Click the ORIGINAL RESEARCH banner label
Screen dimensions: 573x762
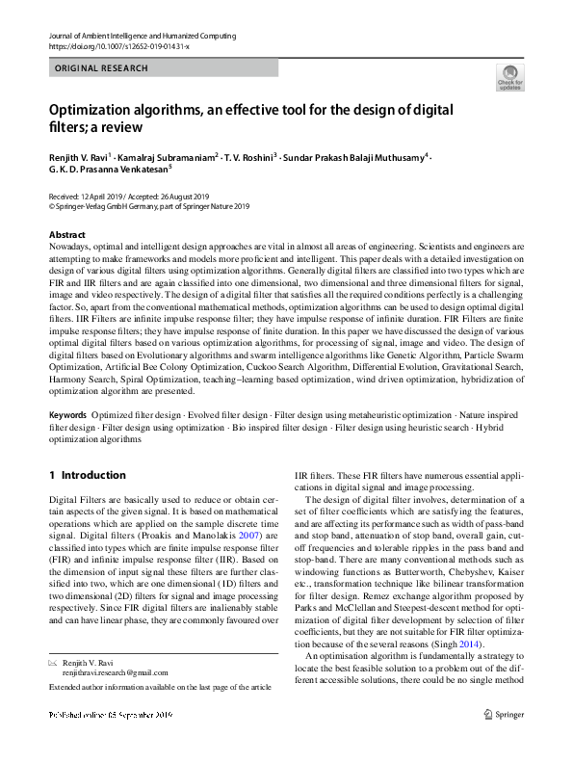click(102, 68)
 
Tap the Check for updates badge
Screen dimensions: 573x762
click(508, 78)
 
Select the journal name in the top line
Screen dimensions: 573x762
click(141, 36)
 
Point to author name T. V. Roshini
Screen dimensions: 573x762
click(248, 156)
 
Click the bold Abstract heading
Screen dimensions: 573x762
click(66, 235)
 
